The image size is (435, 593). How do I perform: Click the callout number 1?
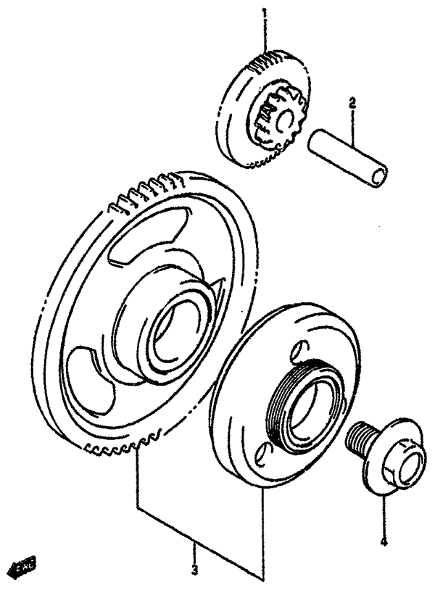click(265, 12)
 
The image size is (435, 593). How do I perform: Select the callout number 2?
click(352, 104)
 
